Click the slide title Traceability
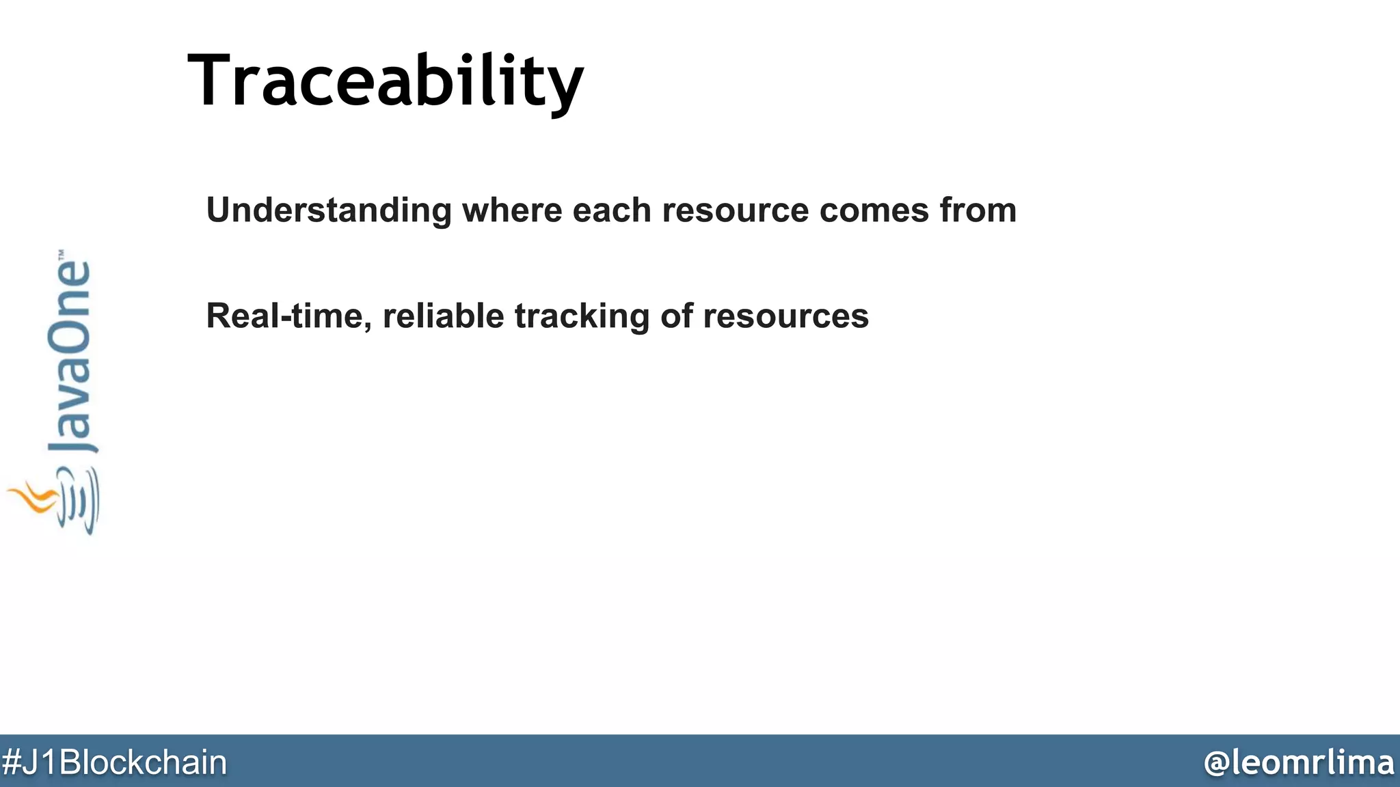[386, 81]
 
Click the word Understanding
[329, 210]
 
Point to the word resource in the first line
[735, 210]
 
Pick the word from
[978, 210]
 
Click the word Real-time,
[289, 316]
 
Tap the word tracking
[582, 316]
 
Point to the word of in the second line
[676, 316]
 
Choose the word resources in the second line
[785, 316]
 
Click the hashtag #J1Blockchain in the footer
[114, 762]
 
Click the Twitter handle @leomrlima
[1299, 762]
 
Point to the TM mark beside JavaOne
[61, 253]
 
